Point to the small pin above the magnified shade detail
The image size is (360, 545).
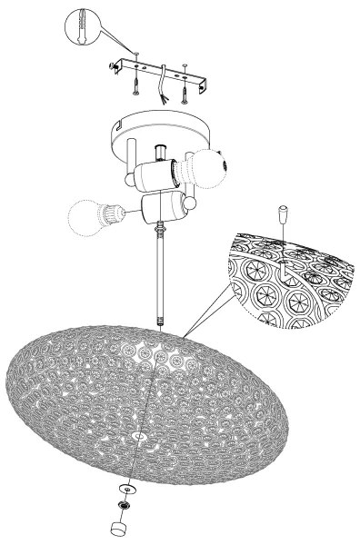[284, 217]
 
